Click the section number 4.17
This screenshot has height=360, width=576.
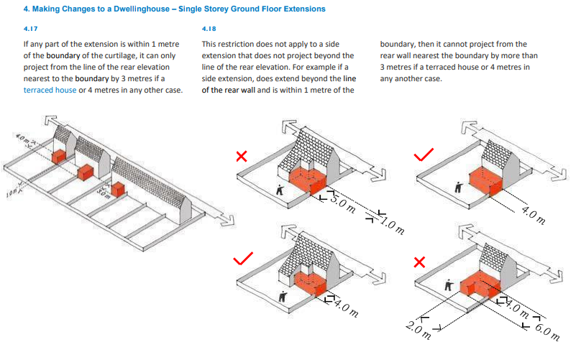point(30,29)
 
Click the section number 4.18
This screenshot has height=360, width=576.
point(209,29)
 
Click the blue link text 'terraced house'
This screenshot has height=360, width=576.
point(50,90)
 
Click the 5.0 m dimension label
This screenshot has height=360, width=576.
point(343,203)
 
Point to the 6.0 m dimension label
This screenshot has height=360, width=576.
point(547,332)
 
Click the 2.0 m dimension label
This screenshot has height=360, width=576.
point(419,330)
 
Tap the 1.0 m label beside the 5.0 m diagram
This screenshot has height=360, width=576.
point(393,226)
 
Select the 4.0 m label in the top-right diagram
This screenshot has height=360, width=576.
point(534,215)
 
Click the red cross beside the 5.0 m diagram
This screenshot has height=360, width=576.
point(242,157)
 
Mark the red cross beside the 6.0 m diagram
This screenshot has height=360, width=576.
point(419,262)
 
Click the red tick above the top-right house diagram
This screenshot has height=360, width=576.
point(424,155)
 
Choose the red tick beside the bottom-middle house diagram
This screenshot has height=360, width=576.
point(243,259)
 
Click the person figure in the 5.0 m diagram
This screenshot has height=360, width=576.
point(280,190)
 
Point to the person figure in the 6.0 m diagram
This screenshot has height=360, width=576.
point(448,285)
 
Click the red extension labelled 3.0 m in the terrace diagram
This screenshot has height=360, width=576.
point(118,190)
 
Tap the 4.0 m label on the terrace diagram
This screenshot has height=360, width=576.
point(23,139)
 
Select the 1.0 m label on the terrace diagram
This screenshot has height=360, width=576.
point(12,193)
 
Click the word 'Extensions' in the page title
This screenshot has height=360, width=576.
point(303,9)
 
